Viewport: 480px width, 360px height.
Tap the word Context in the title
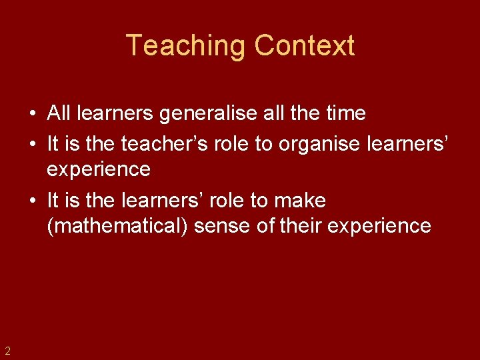click(304, 46)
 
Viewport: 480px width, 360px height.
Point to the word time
click(345, 114)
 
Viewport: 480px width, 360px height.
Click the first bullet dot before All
click(32, 114)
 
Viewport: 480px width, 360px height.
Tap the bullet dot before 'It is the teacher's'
click(32, 142)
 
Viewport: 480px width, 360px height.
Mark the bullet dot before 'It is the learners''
click(32, 199)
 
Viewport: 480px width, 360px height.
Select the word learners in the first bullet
click(115, 114)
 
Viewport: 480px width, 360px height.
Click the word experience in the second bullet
click(99, 170)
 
